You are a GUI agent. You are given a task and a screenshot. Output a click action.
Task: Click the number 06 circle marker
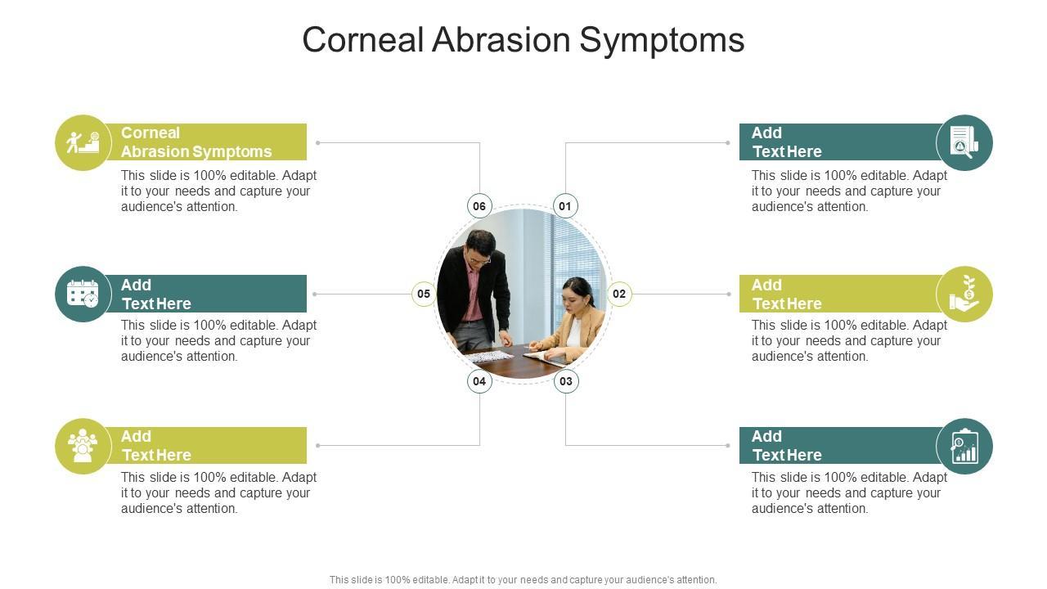[479, 206]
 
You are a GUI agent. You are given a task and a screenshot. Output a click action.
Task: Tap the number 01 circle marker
[565, 206]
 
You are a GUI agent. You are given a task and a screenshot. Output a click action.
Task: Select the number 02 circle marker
[619, 294]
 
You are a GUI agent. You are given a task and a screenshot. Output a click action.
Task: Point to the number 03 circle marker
[566, 381]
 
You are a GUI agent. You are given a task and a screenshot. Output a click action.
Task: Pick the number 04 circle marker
[479, 381]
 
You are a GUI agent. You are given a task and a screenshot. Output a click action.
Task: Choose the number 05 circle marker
[424, 294]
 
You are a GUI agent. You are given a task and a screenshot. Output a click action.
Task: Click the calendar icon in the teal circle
[83, 294]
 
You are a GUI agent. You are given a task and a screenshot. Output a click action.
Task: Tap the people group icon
[83, 446]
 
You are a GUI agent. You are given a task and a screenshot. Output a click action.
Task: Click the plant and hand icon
[964, 294]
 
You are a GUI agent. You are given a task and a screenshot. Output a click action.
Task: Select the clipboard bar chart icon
[964, 446]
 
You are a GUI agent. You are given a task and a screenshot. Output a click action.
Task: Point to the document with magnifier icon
[964, 142]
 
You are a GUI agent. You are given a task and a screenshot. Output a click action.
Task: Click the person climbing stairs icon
[83, 142]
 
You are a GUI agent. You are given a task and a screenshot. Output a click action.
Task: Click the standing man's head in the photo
[479, 245]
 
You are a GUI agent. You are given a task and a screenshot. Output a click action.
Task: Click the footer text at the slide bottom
[523, 580]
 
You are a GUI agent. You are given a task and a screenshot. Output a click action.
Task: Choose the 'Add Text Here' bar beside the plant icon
[838, 294]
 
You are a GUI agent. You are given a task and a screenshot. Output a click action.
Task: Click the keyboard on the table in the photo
[489, 357]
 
